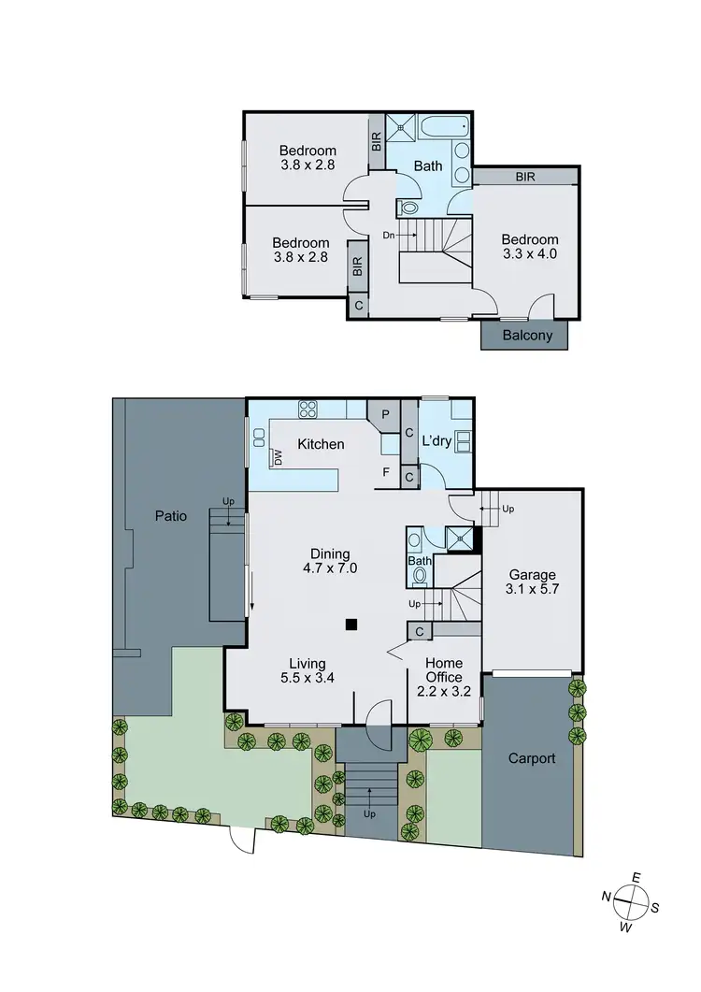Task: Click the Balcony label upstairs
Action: pos(527,336)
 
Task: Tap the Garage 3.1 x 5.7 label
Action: pos(532,582)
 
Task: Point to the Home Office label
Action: pos(444,669)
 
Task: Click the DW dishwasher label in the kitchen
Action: pos(278,457)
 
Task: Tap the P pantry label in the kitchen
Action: pos(384,414)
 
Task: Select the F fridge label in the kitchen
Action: pos(385,472)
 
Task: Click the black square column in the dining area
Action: pos(350,624)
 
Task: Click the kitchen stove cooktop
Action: pos(309,409)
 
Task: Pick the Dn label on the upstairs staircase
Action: pos(389,235)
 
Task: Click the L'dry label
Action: pos(436,439)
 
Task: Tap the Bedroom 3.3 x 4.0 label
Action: pos(529,247)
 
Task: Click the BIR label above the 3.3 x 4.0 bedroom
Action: pos(524,176)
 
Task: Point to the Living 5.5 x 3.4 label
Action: pos(308,672)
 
